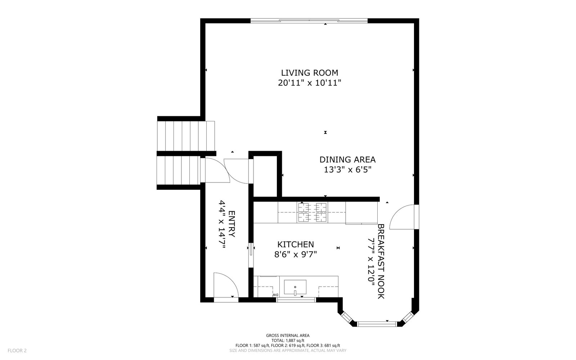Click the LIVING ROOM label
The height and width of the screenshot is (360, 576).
click(309, 73)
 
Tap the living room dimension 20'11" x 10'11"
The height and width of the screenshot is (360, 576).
click(309, 83)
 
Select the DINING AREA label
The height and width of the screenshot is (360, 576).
click(347, 160)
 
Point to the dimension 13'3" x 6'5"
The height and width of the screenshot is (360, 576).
click(347, 170)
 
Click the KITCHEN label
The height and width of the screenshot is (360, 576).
click(296, 244)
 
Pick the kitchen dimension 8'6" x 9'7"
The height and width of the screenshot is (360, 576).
click(296, 254)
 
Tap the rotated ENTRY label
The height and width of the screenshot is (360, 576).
click(232, 224)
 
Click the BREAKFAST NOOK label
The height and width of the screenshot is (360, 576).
click(381, 261)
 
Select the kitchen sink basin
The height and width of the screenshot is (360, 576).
click(295, 287)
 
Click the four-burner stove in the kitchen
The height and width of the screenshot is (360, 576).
click(312, 212)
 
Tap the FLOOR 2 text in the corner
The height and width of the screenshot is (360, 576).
click(17, 351)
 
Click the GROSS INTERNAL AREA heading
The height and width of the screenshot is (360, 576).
click(288, 335)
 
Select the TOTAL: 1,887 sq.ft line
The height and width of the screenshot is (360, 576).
click(288, 341)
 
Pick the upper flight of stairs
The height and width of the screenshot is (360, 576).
click(186, 136)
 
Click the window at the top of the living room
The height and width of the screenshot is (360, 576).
click(309, 21)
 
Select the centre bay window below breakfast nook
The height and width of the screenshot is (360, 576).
click(377, 324)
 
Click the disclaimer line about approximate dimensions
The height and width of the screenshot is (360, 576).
click(288, 351)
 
